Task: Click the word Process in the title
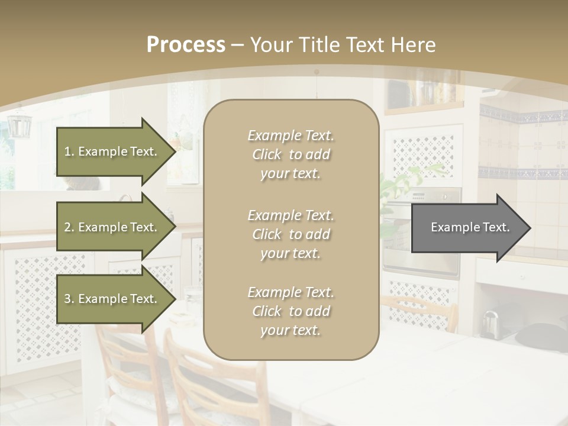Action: [x=186, y=45]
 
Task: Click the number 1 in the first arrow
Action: [x=68, y=151]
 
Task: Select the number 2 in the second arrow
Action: [x=68, y=227]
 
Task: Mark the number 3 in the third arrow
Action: [x=68, y=299]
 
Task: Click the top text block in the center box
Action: [x=291, y=154]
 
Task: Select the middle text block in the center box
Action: [x=291, y=234]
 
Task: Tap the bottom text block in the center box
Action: [x=291, y=311]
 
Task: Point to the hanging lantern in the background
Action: [x=19, y=125]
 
